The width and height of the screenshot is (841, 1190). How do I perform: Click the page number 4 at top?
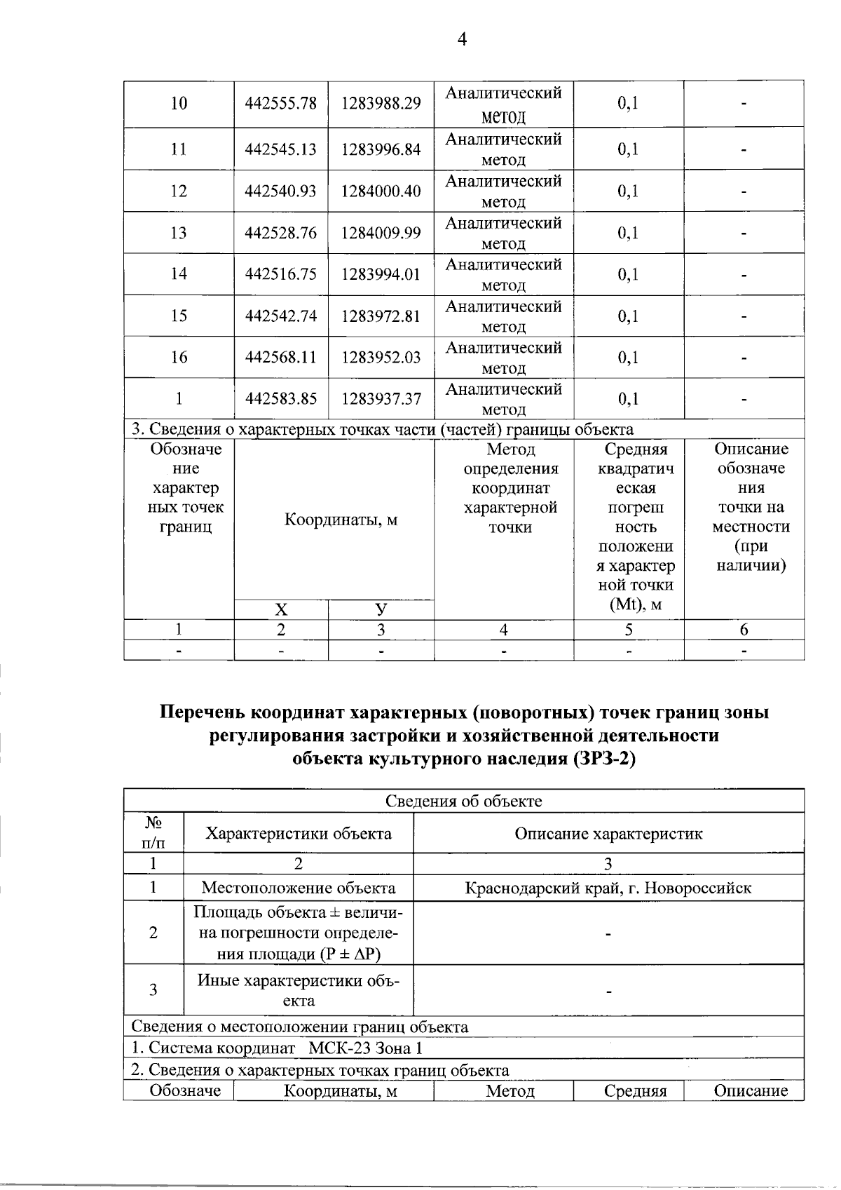(x=462, y=39)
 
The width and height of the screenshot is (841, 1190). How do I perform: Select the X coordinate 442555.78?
(x=280, y=104)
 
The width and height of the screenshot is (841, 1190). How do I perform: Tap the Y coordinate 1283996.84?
(x=381, y=149)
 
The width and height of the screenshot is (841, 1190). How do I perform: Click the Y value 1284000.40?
(x=381, y=191)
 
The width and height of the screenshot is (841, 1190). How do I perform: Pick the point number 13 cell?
(x=179, y=233)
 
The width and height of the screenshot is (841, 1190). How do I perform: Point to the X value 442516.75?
(x=280, y=274)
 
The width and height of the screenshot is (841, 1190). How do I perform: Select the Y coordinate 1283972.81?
(x=381, y=316)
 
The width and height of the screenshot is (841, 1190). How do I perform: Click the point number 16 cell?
(x=179, y=357)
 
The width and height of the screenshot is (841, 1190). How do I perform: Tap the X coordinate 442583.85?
(x=280, y=399)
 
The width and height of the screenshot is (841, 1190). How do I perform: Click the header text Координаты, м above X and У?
(x=341, y=520)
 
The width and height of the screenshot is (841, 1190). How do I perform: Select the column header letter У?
(x=381, y=609)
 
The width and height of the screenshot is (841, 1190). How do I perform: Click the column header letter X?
(x=280, y=609)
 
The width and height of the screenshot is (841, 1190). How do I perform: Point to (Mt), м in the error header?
(x=635, y=604)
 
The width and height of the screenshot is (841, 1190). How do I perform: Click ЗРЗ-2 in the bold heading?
(x=603, y=759)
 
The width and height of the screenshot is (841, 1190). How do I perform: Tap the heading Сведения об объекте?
(x=463, y=801)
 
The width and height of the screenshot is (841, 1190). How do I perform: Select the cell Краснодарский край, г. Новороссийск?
(x=608, y=888)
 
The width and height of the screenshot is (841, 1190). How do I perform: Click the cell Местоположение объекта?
(x=298, y=888)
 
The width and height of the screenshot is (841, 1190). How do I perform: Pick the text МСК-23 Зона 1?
(x=365, y=1048)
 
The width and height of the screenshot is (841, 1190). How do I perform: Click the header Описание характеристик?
(x=608, y=833)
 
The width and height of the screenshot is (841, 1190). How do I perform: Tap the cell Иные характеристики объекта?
(x=298, y=990)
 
